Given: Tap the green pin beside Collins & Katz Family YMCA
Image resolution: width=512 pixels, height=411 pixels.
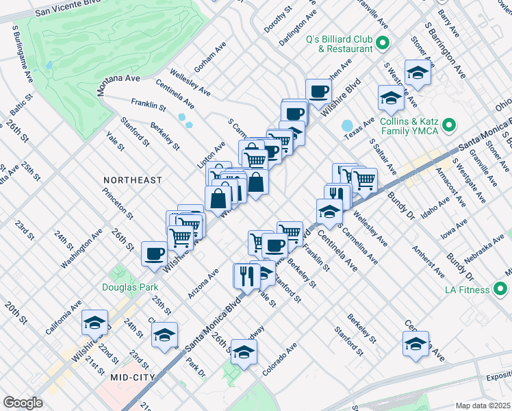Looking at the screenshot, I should click(450, 125).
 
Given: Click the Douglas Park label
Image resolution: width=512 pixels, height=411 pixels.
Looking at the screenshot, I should click(131, 288).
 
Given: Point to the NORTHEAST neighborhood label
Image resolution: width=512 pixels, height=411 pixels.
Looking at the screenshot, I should click(133, 180).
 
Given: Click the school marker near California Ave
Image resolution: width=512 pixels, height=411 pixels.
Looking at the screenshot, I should click(95, 322).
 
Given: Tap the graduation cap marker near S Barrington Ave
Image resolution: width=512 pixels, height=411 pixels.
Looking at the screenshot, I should click(415, 72).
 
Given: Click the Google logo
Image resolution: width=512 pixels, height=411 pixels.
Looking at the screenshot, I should click(23, 403).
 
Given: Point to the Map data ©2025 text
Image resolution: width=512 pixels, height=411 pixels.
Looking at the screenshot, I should click(483, 406).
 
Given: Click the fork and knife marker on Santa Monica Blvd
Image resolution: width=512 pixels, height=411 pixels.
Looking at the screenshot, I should click(245, 275).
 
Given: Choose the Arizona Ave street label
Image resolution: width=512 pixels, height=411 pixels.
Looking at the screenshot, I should click(204, 283).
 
